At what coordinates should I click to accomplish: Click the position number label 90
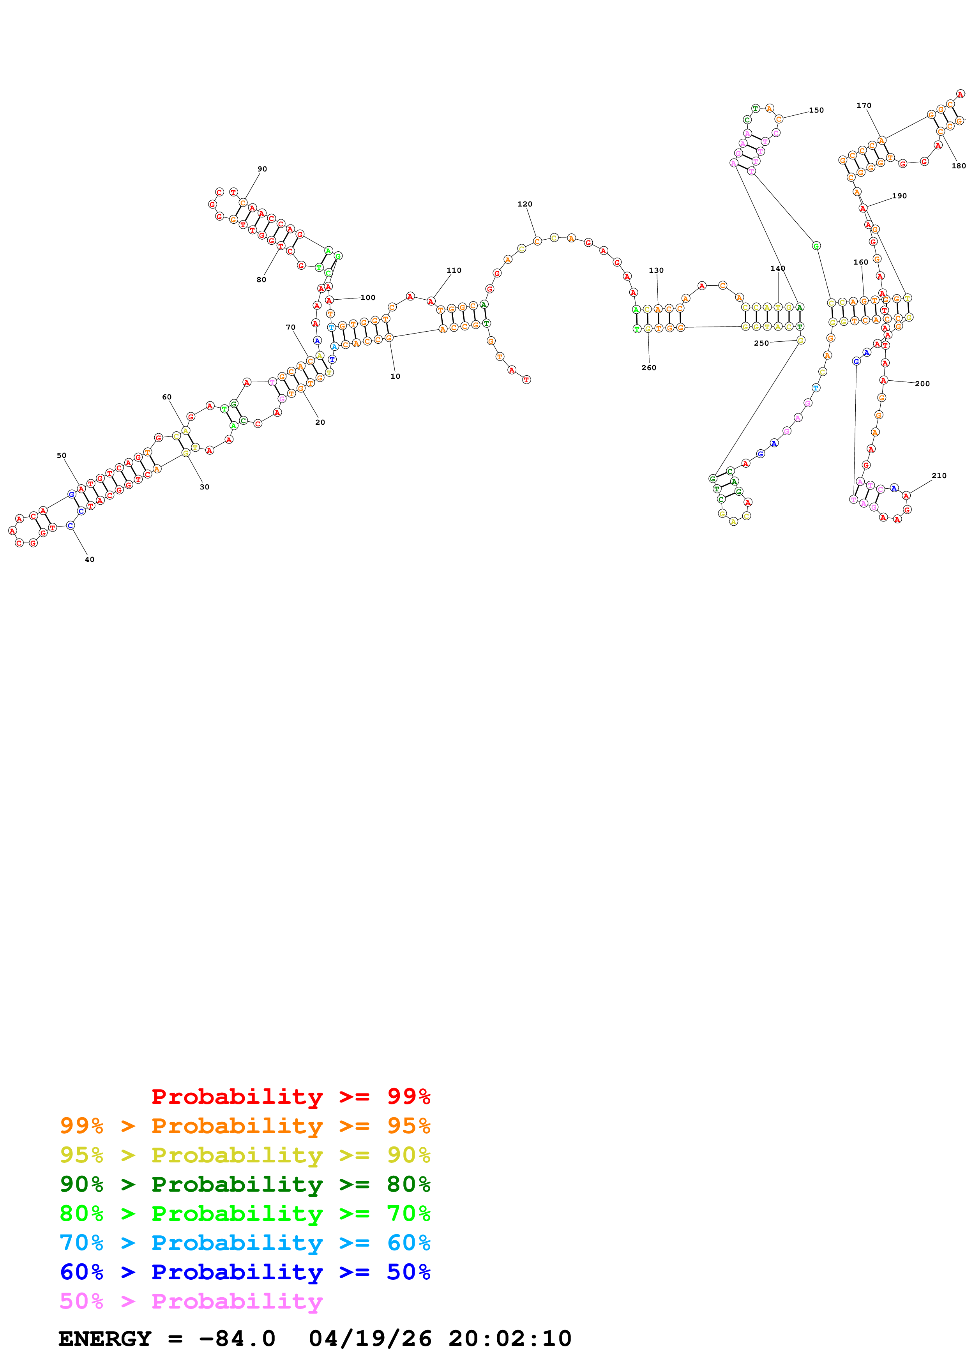coord(262,169)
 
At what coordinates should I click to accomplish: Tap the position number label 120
coord(525,204)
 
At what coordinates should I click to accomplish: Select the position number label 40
coord(89,560)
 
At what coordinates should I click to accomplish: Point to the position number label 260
coord(649,368)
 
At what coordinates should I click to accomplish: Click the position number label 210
coord(939,476)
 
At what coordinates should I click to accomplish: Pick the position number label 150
coord(816,110)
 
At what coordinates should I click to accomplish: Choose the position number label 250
coord(761,344)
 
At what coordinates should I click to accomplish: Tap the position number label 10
coord(395,376)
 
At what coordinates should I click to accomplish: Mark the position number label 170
coord(864,105)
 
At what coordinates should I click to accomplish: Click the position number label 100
coord(368,298)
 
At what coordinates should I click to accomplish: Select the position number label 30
coord(204,487)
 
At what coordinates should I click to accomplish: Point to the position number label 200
coord(922,384)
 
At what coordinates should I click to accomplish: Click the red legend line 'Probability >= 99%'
coord(290,1096)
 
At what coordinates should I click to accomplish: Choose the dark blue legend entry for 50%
coord(245,1272)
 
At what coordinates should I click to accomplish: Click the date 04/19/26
coord(370,1339)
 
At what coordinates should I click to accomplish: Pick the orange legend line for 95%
coord(245,1125)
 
